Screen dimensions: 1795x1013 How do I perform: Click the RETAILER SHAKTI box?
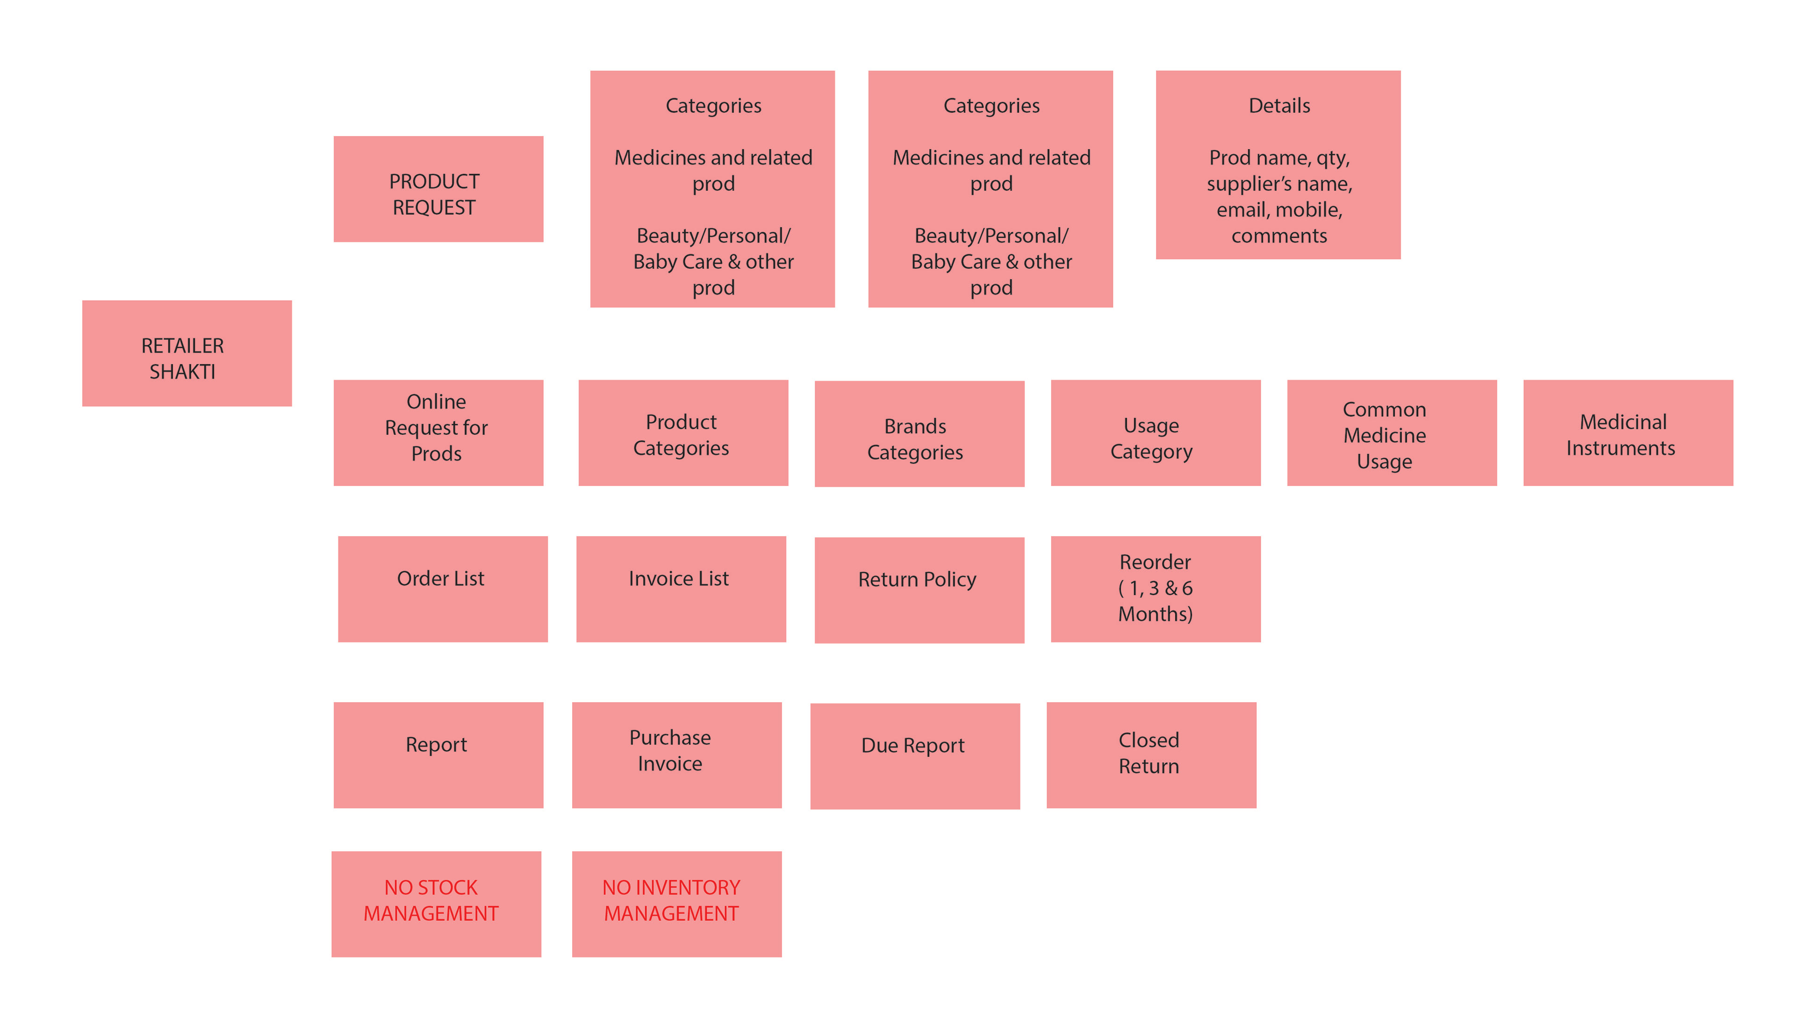[x=187, y=353]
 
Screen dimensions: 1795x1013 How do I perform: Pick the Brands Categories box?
[x=919, y=433]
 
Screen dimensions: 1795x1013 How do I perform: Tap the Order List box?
[x=443, y=588]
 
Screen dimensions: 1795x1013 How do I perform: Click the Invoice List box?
[x=681, y=588]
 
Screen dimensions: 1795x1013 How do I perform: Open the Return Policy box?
[x=919, y=589]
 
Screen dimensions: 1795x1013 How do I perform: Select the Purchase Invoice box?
[x=676, y=754]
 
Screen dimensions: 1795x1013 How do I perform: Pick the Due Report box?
[x=914, y=755]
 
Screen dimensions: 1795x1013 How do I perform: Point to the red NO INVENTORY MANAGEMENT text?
[x=671, y=900]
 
